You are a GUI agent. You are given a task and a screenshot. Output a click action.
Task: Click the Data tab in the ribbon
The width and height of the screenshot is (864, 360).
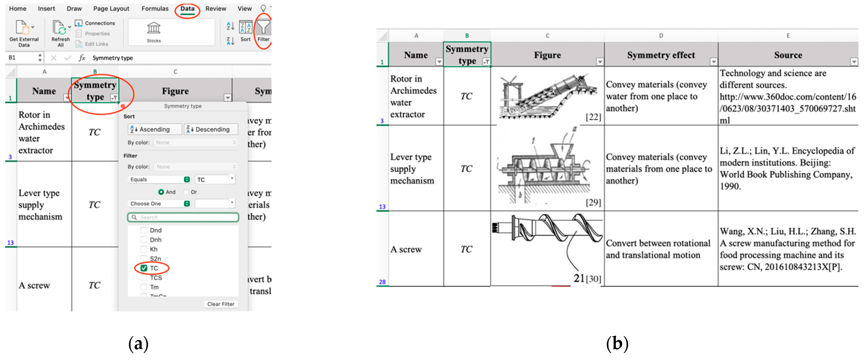(187, 9)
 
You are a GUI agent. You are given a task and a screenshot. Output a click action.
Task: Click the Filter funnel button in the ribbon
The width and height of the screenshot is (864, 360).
(263, 30)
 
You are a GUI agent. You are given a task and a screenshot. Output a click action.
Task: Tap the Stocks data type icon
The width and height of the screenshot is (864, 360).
(154, 32)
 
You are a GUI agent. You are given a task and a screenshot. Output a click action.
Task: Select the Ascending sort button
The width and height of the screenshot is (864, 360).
(154, 129)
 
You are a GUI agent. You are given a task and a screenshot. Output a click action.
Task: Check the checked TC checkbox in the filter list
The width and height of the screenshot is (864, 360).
(144, 268)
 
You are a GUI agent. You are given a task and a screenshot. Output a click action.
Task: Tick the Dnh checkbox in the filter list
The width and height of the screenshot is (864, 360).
(144, 240)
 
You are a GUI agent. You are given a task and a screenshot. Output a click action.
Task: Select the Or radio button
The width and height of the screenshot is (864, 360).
(186, 192)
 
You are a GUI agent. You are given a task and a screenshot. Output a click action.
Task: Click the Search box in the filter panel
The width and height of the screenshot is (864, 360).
(183, 217)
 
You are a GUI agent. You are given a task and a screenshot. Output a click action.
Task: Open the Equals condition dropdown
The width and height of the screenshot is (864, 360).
(159, 180)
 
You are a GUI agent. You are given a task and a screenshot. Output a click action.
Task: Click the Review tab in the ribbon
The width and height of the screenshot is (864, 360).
(216, 9)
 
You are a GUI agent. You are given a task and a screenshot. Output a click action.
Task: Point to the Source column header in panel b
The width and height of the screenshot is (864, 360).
(788, 55)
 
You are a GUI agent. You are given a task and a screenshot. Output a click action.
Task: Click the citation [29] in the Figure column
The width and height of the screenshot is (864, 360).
(593, 202)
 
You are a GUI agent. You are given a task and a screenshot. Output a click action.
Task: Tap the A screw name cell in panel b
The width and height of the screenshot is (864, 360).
(406, 249)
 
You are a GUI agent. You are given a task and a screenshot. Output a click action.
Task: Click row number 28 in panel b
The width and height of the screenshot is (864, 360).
(382, 282)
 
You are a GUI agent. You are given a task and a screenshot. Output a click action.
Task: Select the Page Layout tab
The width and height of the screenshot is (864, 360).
(111, 9)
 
